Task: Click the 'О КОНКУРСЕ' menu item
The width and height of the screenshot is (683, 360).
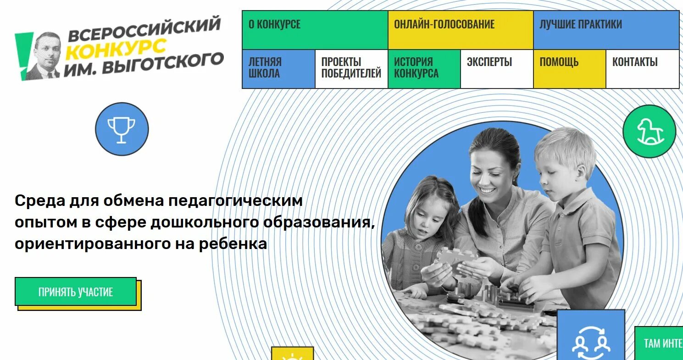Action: tap(314, 30)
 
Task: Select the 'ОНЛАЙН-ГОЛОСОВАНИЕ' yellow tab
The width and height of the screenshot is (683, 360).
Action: tap(460, 30)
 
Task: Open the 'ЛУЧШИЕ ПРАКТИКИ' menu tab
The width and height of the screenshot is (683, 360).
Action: tap(606, 30)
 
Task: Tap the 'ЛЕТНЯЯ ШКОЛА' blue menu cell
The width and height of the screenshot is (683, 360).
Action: tap(278, 69)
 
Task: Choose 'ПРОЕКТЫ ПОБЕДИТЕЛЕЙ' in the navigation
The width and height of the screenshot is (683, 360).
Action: tap(351, 69)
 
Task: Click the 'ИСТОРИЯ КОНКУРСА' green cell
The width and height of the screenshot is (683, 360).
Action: tap(424, 69)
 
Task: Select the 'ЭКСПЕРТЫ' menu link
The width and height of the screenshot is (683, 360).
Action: tap(496, 69)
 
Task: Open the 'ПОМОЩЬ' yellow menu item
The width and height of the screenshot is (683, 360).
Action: tap(569, 69)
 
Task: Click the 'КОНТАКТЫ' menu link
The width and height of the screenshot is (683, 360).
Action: tap(642, 69)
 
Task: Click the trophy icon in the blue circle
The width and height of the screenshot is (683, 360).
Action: tap(122, 129)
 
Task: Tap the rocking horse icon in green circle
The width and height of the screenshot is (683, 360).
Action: tap(649, 132)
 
